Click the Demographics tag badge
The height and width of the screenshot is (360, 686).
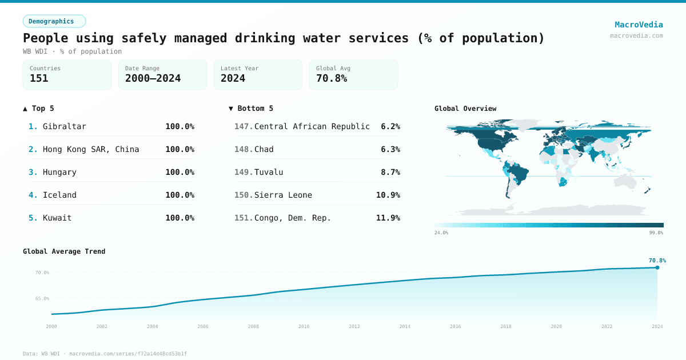pyautogui.click(x=54, y=21)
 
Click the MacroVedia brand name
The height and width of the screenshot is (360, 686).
pyautogui.click(x=639, y=25)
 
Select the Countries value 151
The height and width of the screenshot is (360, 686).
pyautogui.click(x=39, y=78)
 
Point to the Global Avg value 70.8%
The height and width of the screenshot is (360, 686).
pyautogui.click(x=332, y=78)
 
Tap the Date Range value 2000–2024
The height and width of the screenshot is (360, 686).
pyautogui.click(x=153, y=78)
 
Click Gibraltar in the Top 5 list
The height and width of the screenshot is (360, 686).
pyautogui.click(x=64, y=126)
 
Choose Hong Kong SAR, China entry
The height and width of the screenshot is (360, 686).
pyautogui.click(x=91, y=149)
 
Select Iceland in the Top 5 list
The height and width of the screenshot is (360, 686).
pyautogui.click(x=59, y=195)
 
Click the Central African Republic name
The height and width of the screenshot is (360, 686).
pyautogui.click(x=312, y=126)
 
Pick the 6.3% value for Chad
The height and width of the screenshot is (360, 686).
pyautogui.click(x=390, y=149)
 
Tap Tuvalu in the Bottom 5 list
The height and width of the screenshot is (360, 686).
pyautogui.click(x=269, y=172)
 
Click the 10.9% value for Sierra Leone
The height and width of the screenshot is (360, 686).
pyautogui.click(x=388, y=195)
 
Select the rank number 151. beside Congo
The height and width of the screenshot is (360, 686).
pyautogui.click(x=244, y=218)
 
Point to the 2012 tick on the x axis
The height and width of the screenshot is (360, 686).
pyautogui.click(x=354, y=326)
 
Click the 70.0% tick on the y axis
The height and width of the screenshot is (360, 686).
pyautogui.click(x=42, y=273)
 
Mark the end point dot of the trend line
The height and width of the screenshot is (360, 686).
pyautogui.click(x=657, y=267)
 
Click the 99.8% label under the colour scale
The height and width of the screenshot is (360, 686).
pyautogui.click(x=656, y=233)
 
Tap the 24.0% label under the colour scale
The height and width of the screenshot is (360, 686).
pyautogui.click(x=441, y=233)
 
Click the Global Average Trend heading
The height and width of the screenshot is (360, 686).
pyautogui.click(x=64, y=251)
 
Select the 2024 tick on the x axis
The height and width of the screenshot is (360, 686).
pyautogui.click(x=657, y=326)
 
